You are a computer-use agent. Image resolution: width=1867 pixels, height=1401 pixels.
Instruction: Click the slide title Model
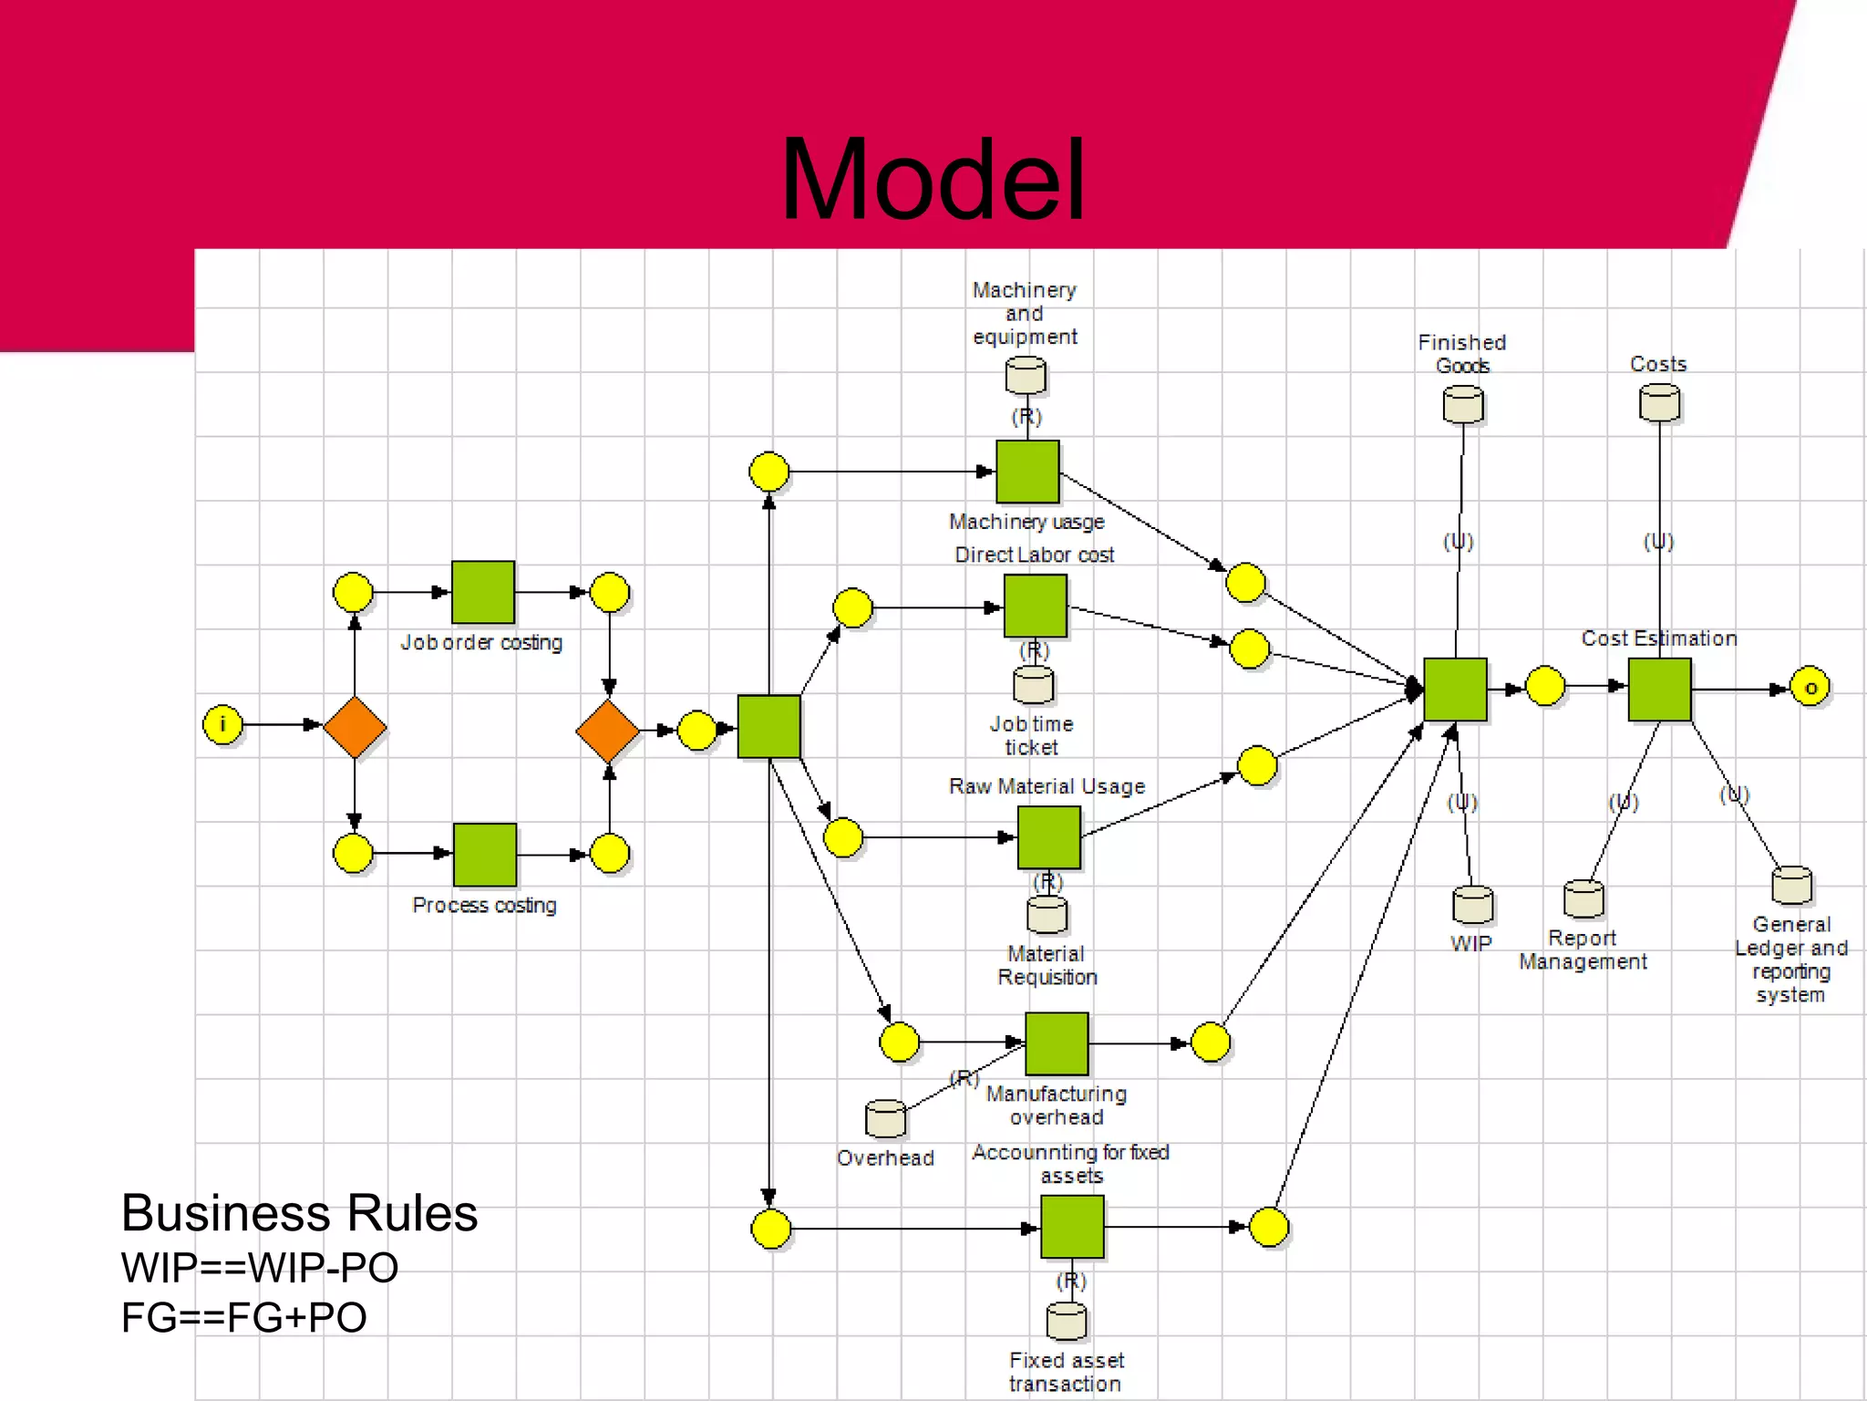(933, 180)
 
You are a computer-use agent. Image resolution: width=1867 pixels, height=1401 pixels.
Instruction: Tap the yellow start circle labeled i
(222, 725)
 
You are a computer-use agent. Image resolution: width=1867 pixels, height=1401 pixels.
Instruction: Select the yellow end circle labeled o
(1810, 688)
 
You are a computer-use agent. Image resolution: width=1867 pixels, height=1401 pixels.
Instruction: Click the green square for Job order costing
(483, 592)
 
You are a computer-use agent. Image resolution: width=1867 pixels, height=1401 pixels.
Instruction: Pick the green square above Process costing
(485, 855)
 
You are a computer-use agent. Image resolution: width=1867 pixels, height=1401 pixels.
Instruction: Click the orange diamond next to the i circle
(355, 727)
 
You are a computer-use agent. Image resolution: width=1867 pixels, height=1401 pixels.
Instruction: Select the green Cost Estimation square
(1659, 690)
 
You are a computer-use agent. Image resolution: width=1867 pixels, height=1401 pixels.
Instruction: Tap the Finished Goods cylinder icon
(1463, 404)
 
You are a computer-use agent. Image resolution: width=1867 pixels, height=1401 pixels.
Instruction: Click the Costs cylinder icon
(1659, 402)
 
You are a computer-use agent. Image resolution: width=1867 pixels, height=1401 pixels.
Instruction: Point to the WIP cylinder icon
(1472, 904)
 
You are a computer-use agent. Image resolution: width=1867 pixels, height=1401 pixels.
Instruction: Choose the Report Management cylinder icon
(1583, 898)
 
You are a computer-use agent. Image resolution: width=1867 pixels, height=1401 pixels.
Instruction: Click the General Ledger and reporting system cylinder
(1791, 885)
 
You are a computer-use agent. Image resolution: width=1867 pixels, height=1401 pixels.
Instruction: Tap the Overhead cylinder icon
(885, 1119)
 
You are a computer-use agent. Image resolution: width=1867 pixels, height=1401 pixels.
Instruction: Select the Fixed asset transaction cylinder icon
(1067, 1321)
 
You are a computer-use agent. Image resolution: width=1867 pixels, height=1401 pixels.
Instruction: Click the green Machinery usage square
(1027, 472)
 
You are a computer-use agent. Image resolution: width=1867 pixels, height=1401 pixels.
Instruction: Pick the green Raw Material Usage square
(1048, 837)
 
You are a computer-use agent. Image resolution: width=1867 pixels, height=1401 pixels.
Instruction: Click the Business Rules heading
(299, 1213)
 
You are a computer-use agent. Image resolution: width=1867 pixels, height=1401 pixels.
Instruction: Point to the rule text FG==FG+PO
(243, 1317)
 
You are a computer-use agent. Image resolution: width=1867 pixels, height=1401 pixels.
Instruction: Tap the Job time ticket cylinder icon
(1033, 684)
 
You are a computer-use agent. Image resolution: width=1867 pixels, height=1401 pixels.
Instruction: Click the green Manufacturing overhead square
(1057, 1043)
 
